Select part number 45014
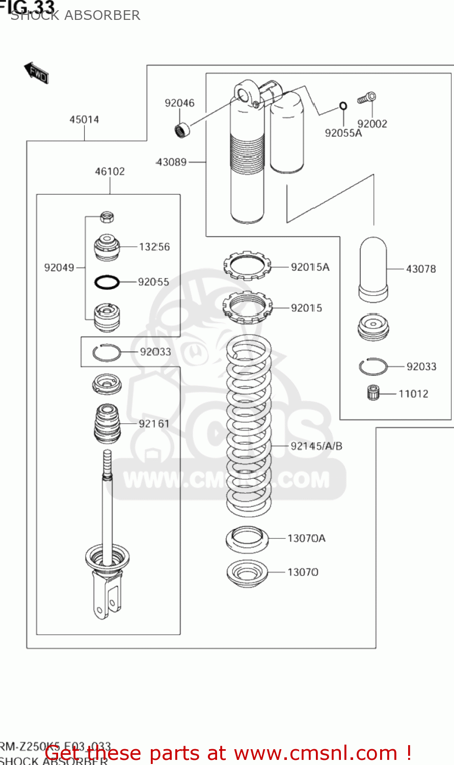(84, 120)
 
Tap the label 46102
(110, 172)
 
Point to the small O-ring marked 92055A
(343, 106)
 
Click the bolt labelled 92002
(367, 97)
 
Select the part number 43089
(172, 162)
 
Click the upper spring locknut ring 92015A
(247, 266)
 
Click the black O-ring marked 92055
(107, 282)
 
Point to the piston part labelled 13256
(107, 247)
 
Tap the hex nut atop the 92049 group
(106, 217)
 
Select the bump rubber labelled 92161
(107, 423)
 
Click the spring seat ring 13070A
(247, 539)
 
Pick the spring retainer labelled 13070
(247, 573)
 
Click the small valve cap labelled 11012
(374, 393)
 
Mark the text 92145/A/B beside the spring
(316, 446)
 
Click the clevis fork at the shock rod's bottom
(107, 594)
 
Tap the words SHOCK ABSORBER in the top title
(75, 16)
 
